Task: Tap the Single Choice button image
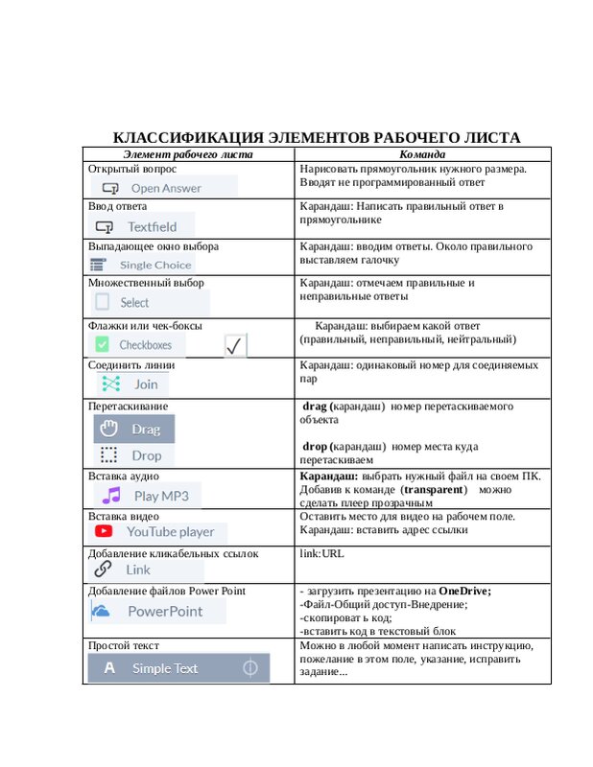pos(141,265)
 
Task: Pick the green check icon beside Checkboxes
pos(101,344)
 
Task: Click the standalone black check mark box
pos(236,347)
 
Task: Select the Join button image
pos(130,383)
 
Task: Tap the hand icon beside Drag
pos(108,429)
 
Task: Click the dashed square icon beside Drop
pos(108,455)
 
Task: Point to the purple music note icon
pos(112,495)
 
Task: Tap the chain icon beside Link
pos(103,569)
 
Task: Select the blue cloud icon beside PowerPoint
pos(101,611)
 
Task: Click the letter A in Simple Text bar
pos(109,668)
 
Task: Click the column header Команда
pos(422,153)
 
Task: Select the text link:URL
pos(321,553)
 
